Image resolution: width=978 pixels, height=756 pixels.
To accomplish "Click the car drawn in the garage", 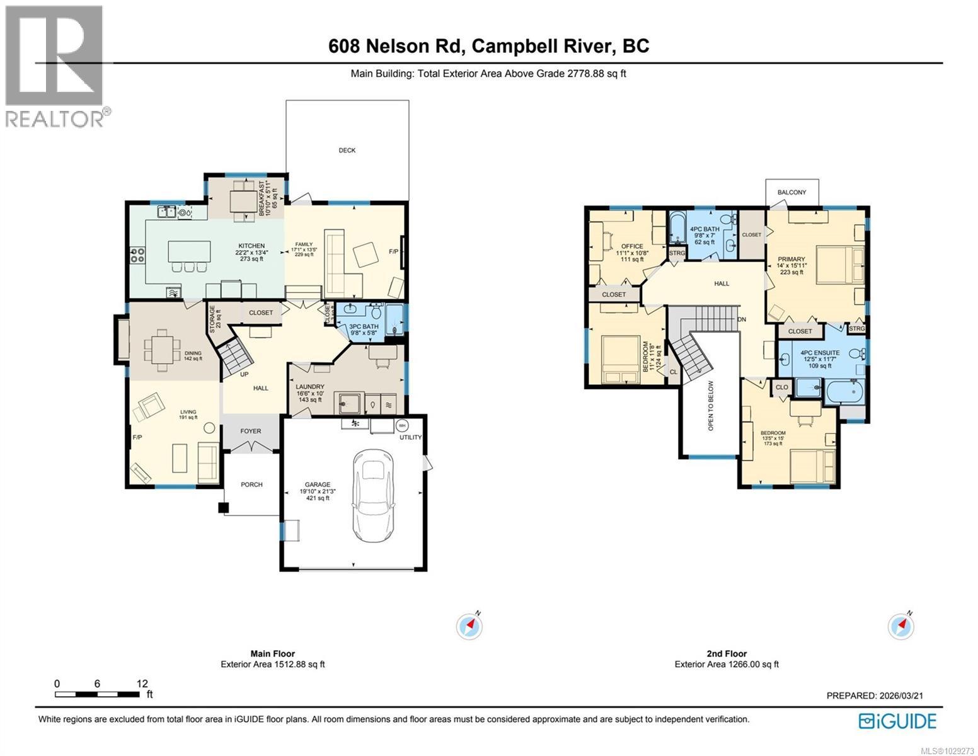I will coord(376,492).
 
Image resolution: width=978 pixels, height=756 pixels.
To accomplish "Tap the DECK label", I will coord(347,150).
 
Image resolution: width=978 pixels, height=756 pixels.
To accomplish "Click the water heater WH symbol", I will coord(401,425).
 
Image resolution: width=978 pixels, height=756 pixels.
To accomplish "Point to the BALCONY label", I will coord(791,192).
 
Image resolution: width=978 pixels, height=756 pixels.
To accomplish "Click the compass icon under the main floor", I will coord(469,626).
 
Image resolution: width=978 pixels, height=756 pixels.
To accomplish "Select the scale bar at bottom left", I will coord(97,694).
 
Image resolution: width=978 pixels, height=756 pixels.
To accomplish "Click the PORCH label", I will coord(251,484).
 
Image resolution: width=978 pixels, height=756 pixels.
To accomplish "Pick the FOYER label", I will coord(250,432).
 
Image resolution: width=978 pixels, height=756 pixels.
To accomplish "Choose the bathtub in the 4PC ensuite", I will coord(844,392).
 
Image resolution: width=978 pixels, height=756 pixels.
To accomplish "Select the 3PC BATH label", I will coord(364,326).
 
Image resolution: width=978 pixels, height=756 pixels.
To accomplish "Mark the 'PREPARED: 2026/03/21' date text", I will coord(875,696).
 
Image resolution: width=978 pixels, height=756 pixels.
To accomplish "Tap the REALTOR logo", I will coord(55,66).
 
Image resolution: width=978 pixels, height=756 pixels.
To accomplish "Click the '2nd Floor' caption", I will coord(727,654).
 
